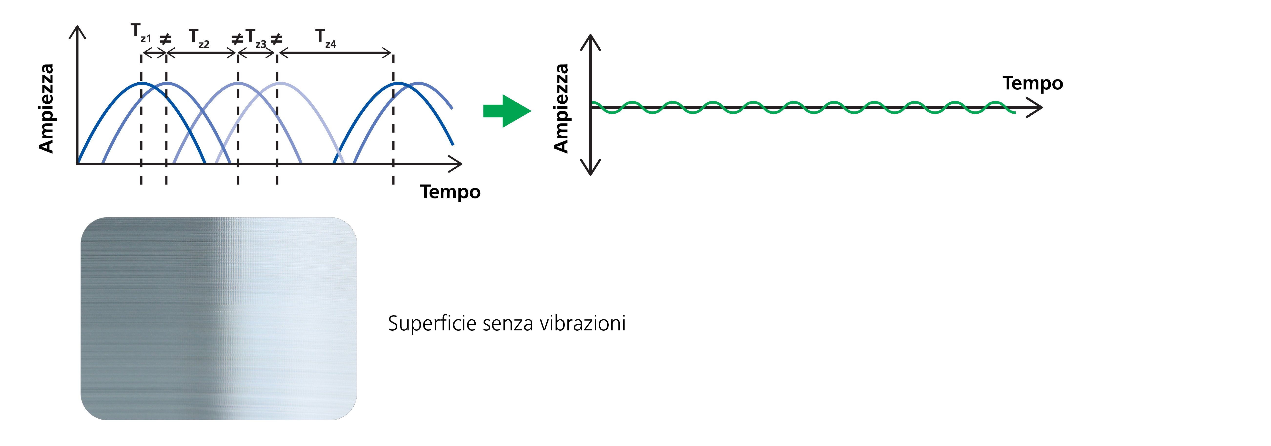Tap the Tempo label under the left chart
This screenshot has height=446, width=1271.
click(450, 192)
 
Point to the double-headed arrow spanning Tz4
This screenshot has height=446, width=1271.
click(335, 52)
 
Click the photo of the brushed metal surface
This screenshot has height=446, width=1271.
click(219, 319)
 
